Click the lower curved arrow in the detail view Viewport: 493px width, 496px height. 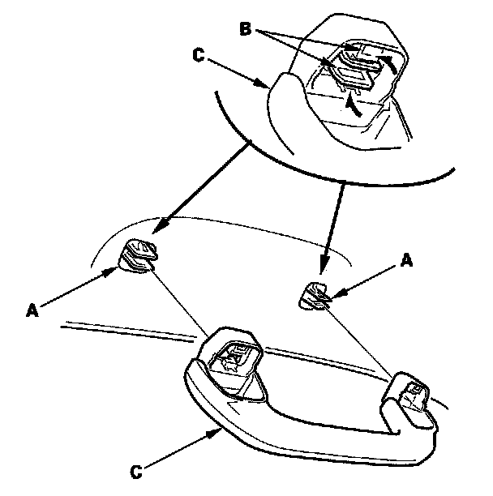coord(351,104)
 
